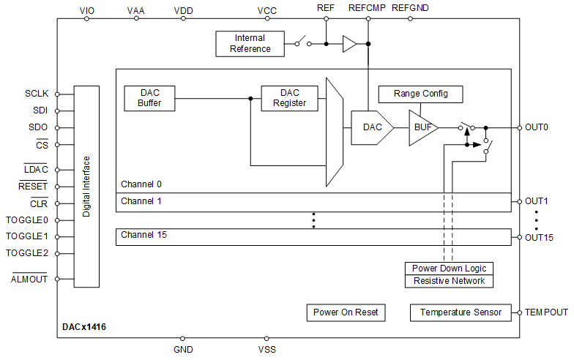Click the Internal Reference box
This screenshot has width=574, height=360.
(x=250, y=44)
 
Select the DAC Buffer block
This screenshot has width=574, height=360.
(x=149, y=98)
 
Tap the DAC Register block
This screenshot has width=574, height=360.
(x=290, y=98)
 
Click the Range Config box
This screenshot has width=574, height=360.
(x=420, y=94)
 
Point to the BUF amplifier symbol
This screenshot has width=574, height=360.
(x=422, y=127)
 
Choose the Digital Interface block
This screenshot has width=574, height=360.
(x=86, y=187)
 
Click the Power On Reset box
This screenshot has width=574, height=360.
(x=346, y=312)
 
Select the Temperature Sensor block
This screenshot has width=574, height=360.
(x=461, y=312)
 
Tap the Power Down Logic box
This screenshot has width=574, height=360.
(x=449, y=269)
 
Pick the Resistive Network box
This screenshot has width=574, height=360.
(x=449, y=281)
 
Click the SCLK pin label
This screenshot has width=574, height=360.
(x=36, y=94)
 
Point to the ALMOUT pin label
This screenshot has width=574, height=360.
(x=29, y=280)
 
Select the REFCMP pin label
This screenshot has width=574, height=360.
(x=367, y=7)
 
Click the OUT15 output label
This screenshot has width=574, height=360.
(x=539, y=237)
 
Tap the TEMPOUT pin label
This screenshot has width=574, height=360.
(x=546, y=312)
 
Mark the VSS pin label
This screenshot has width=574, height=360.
(x=267, y=350)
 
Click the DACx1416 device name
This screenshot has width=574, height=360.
(x=84, y=327)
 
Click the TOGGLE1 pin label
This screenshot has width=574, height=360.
(x=27, y=236)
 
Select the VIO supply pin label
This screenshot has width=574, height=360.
(x=86, y=10)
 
